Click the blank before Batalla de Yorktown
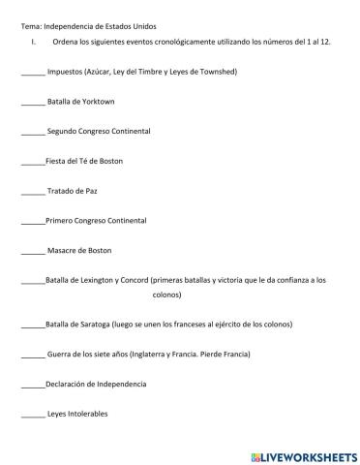coord(32,102)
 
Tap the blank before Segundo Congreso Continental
coord(32,131)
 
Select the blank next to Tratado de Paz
coord(32,191)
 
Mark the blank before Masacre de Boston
coord(32,251)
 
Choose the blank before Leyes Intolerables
coord(32,415)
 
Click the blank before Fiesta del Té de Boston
coord(32,161)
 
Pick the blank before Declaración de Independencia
coord(32,385)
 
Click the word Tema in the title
coord(30,26)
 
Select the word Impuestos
coord(65,72)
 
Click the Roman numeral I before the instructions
coord(33,43)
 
